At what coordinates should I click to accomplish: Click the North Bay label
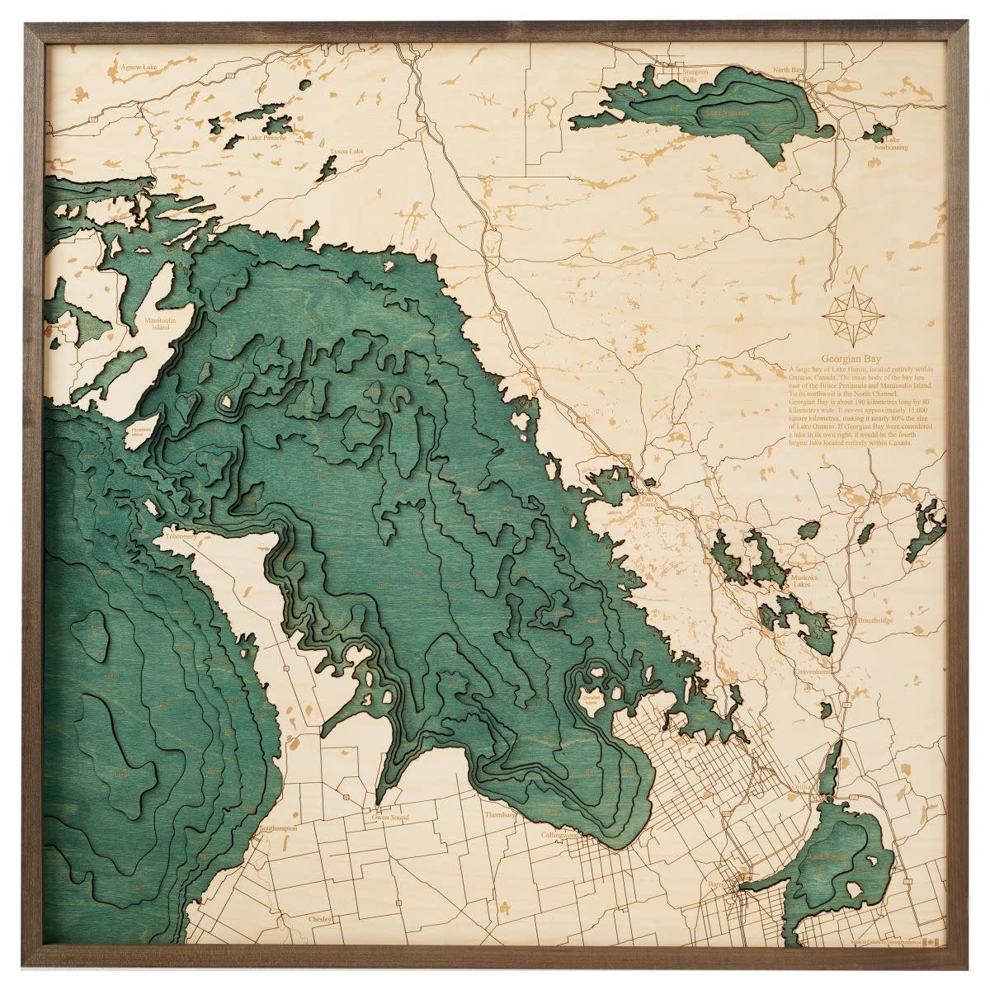click(787, 71)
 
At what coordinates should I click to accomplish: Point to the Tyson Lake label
click(346, 152)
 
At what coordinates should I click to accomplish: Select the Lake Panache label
click(266, 138)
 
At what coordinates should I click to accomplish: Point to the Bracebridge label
click(876, 617)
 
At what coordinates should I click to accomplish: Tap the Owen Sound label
click(391, 817)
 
